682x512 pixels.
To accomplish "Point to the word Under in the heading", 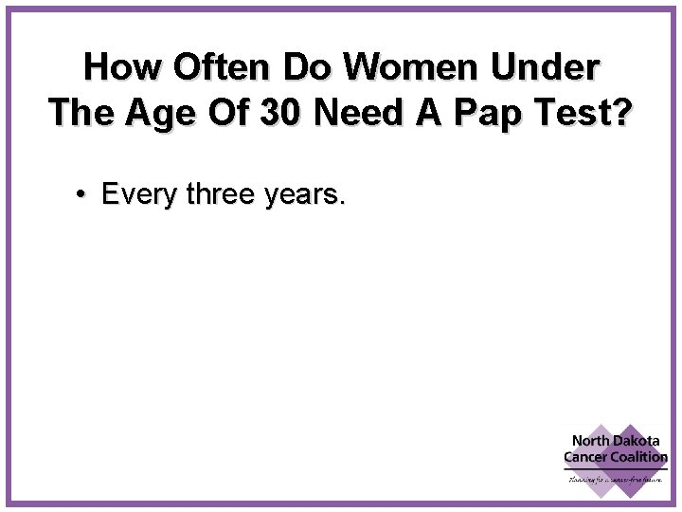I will click(552, 68).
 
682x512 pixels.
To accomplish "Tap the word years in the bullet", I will click(304, 196).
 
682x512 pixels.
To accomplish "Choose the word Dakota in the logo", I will click(641, 441).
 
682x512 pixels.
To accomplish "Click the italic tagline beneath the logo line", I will click(616, 479).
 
